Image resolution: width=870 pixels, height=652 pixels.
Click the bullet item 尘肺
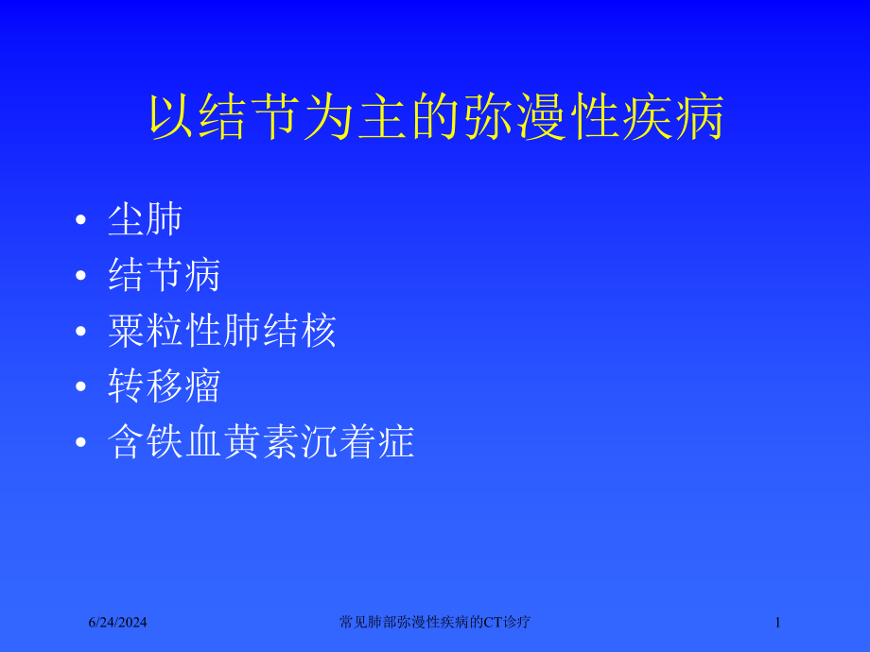pos(145,221)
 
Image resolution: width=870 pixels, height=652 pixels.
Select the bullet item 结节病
pos(165,276)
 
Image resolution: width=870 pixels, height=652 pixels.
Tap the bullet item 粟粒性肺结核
pos(222,332)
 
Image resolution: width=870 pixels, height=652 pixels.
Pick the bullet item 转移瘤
pos(165,386)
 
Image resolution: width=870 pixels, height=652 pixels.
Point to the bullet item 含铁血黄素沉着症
pos(262,441)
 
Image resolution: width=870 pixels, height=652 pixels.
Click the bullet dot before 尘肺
pos(83,223)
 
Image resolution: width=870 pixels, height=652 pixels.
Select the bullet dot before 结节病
pos(83,278)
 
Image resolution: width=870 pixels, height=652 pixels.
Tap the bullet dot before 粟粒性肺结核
pos(83,333)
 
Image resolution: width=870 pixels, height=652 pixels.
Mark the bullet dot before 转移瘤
pos(83,387)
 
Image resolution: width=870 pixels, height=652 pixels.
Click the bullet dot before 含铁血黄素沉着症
pos(83,442)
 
